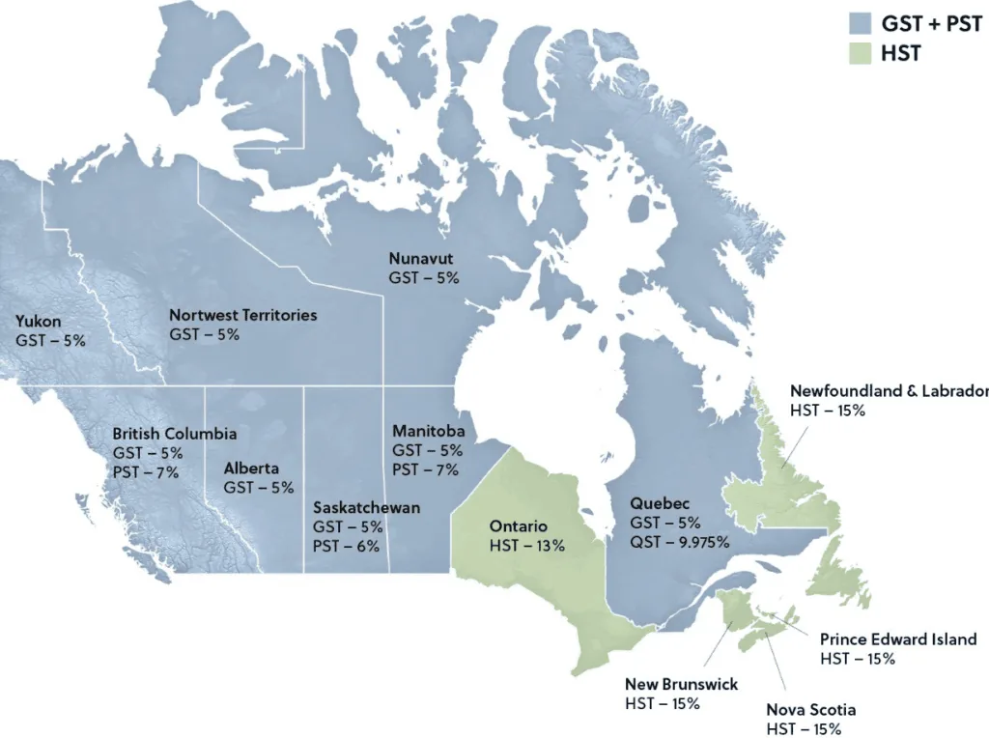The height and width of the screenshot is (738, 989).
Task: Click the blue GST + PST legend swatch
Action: click(x=862, y=22)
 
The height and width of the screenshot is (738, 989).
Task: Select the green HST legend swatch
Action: click(x=862, y=54)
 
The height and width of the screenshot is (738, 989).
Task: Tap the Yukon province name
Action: click(x=39, y=322)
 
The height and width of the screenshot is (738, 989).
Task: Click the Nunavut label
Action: click(x=421, y=259)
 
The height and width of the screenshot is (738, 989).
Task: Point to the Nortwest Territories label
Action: click(x=242, y=315)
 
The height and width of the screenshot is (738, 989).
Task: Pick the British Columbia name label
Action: click(x=174, y=434)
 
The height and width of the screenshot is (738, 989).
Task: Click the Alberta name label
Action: click(x=251, y=468)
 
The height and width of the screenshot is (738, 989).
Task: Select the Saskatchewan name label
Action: click(x=366, y=508)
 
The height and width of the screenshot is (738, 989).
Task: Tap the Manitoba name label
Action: click(x=429, y=431)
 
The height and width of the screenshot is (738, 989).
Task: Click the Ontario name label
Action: click(x=518, y=526)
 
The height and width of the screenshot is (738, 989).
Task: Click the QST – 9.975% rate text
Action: click(x=679, y=541)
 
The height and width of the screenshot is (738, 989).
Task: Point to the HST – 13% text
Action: click(x=526, y=546)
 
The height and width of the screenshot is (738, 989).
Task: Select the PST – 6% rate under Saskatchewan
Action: click(x=348, y=547)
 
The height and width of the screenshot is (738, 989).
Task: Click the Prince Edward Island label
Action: click(x=898, y=639)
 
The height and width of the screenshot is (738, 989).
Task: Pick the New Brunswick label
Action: click(x=682, y=684)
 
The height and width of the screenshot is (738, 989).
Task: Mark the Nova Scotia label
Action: click(x=811, y=710)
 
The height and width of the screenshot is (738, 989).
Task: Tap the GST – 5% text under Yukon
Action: click(x=50, y=341)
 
